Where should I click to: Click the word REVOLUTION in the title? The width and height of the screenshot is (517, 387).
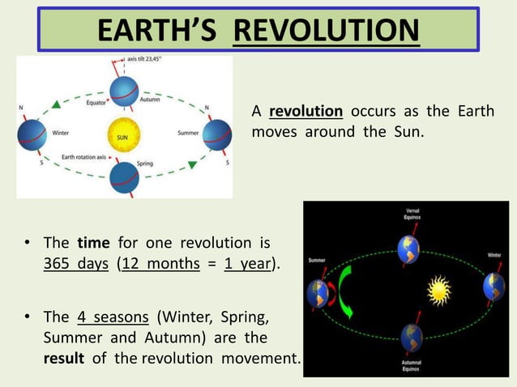pos(326,30)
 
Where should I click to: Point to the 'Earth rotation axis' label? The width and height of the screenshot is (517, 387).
pos(83,156)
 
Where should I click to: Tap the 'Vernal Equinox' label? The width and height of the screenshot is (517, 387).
pos(412,215)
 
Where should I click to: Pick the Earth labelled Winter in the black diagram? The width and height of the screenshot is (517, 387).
pos(494,287)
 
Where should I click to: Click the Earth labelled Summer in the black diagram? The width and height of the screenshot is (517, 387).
pos(316,292)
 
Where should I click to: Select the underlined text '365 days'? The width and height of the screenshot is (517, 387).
pos(75,264)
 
